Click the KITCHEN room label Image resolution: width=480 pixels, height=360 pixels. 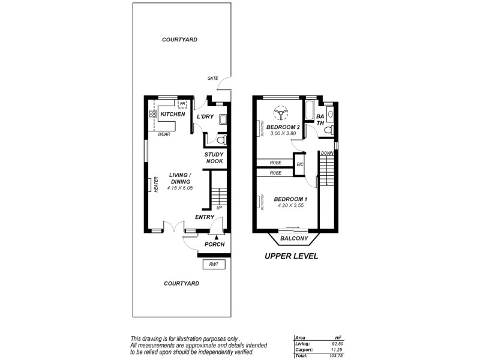pyautogui.click(x=172, y=114)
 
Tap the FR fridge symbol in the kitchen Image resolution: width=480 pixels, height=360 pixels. pyautogui.click(x=182, y=104)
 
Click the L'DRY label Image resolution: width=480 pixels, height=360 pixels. pyautogui.click(x=206, y=116)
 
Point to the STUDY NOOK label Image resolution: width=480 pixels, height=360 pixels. pyautogui.click(x=214, y=158)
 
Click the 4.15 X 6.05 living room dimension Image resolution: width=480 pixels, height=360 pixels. pyautogui.click(x=179, y=188)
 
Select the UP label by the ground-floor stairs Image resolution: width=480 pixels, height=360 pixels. pyautogui.click(x=220, y=208)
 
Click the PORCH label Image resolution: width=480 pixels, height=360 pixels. pyautogui.click(x=214, y=244)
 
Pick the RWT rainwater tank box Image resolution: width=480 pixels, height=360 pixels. pyautogui.click(x=214, y=265)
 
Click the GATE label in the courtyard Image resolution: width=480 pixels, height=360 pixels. pyautogui.click(x=212, y=78)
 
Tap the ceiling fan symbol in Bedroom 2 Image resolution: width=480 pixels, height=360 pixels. pyautogui.click(x=280, y=113)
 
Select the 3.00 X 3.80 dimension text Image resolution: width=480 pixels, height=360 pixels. pyautogui.click(x=283, y=133)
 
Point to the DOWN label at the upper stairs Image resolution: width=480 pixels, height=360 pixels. pyautogui.click(x=326, y=153)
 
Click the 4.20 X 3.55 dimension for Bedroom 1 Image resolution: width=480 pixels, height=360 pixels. pyautogui.click(x=290, y=206)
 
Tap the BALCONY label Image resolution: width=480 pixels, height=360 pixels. pyautogui.click(x=294, y=238)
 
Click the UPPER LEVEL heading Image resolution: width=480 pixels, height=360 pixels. pyautogui.click(x=291, y=256)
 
